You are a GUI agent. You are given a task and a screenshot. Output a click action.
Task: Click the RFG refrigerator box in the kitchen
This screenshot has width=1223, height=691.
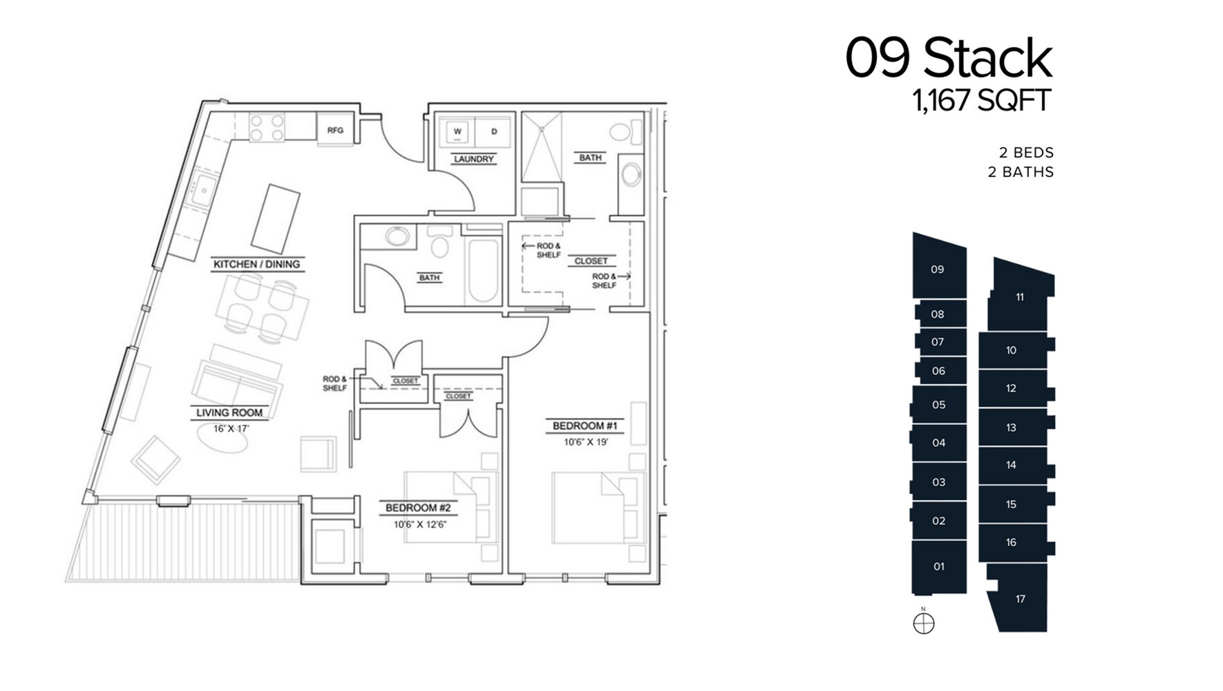point(335,130)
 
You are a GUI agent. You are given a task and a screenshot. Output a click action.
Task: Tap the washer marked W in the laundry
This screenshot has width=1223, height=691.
point(457,131)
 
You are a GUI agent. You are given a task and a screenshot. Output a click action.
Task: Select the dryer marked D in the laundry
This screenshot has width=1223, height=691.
point(494,131)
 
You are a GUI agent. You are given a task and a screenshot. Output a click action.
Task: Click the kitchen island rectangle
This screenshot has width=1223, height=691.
point(276,218)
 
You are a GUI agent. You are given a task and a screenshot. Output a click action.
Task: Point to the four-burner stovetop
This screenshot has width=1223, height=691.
point(267,128)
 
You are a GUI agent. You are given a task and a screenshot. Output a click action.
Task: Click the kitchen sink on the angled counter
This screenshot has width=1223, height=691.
point(204,189)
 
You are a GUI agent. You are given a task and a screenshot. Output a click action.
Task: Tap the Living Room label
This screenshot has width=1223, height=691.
point(229,413)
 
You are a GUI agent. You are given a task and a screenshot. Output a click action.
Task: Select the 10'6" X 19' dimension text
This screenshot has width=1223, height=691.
point(585,442)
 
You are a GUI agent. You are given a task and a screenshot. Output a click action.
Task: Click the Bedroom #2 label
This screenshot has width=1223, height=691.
point(417,508)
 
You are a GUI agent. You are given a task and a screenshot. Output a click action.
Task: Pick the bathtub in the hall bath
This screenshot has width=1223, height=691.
point(483,270)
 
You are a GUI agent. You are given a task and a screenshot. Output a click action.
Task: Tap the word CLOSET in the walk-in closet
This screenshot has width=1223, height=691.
point(591,261)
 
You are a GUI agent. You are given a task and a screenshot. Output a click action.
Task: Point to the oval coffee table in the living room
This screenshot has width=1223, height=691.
point(222,437)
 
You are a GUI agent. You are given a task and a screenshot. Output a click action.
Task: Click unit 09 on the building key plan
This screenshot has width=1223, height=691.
point(937,269)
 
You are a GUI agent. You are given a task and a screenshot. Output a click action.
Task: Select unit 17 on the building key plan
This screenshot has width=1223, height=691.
point(1020,598)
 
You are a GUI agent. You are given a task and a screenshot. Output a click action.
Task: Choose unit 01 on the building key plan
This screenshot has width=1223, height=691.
point(938,567)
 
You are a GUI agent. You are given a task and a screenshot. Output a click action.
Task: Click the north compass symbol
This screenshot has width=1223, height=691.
point(924,623)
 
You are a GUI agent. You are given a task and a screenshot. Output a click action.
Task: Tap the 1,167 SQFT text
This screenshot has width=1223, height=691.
point(981,101)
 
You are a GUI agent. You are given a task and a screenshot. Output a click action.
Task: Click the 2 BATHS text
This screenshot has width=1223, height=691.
point(1021,172)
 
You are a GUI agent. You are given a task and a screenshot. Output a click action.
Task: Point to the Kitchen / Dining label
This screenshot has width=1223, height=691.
point(256,264)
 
